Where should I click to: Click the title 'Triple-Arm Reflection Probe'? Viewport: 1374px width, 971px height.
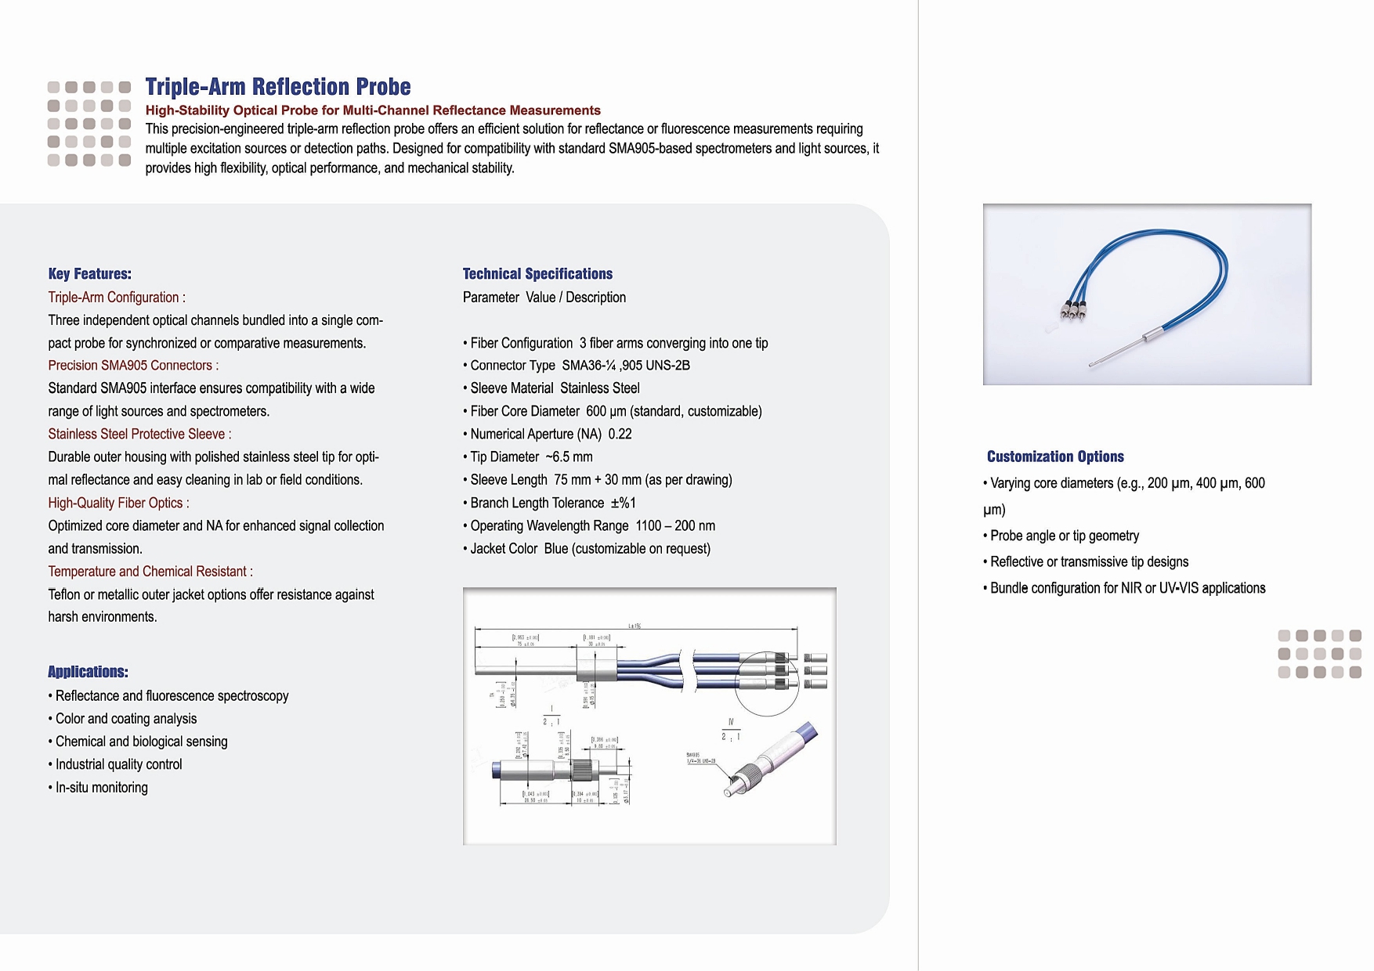point(278,87)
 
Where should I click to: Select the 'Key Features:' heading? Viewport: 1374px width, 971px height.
point(89,274)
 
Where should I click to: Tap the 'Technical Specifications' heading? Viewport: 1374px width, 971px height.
point(537,274)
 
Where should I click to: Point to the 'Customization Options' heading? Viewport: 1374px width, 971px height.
point(1055,457)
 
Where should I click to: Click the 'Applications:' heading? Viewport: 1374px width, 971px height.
point(88,672)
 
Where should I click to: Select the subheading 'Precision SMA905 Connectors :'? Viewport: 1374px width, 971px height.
point(133,366)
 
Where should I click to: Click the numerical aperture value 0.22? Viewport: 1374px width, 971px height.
point(620,435)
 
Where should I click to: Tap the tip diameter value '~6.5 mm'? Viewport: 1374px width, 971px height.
point(569,457)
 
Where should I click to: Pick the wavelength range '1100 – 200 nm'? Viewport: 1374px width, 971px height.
point(675,526)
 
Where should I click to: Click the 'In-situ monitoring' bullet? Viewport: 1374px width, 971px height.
point(101,788)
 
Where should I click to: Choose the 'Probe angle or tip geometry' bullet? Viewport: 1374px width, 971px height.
point(1064,536)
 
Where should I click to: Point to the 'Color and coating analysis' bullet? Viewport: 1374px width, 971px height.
point(125,719)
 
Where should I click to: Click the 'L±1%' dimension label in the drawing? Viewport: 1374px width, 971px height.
point(635,626)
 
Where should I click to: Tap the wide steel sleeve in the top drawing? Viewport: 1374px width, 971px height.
point(596,670)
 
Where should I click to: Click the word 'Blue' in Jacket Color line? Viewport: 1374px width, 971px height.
point(556,549)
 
